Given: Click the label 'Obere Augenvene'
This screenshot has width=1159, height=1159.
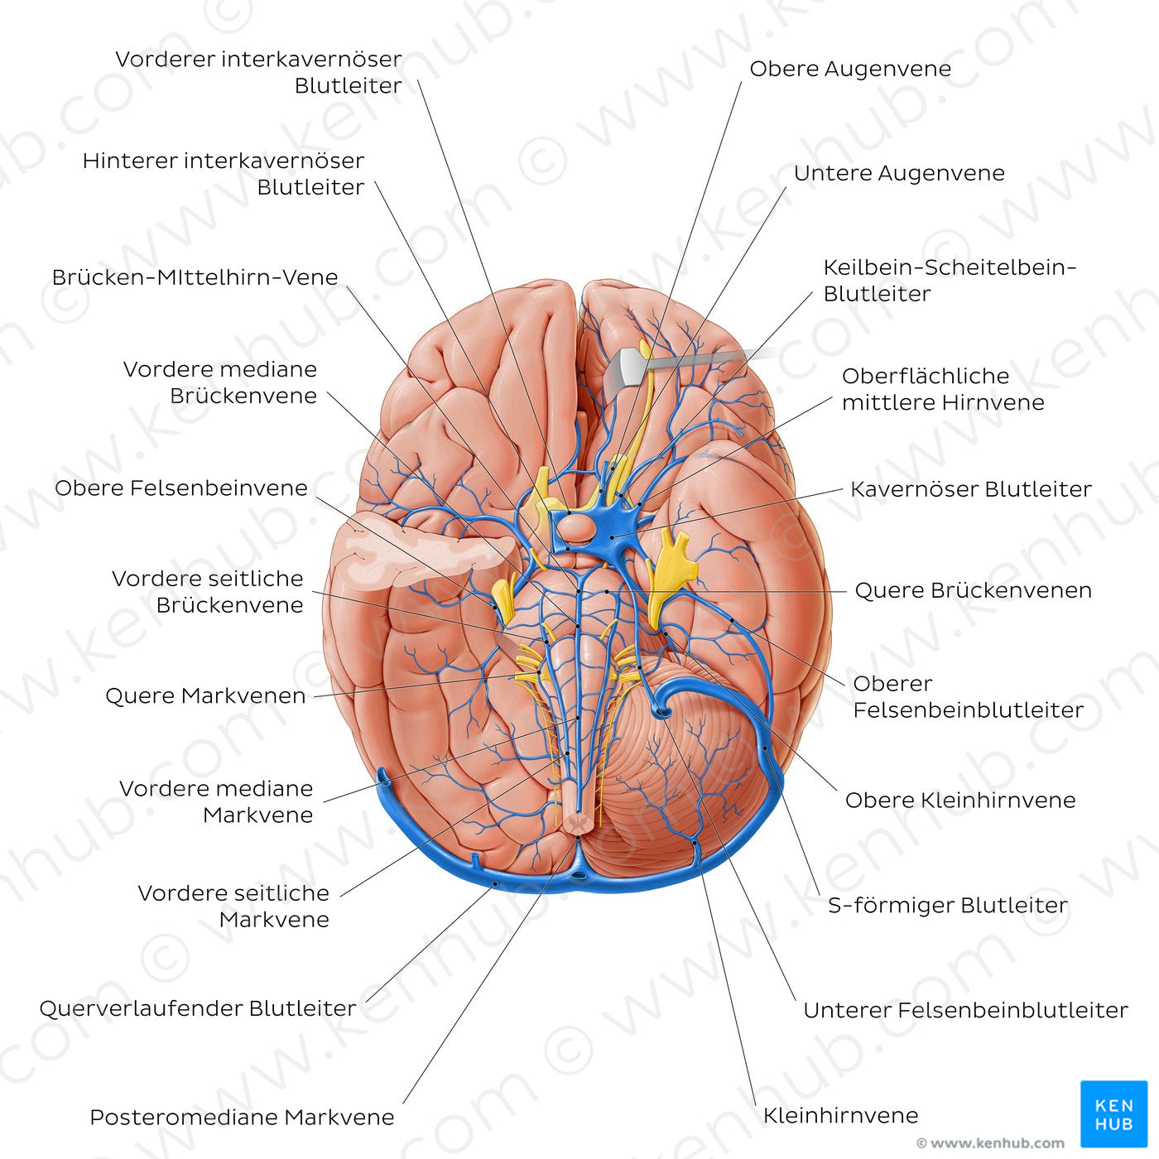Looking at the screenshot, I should pyautogui.click(x=850, y=69).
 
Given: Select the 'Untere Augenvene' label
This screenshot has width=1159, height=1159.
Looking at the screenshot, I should pyautogui.click(x=899, y=173).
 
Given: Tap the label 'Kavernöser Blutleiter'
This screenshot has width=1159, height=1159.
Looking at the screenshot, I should pyautogui.click(x=970, y=489).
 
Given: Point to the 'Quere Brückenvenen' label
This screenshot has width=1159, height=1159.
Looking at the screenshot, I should pyautogui.click(x=973, y=590).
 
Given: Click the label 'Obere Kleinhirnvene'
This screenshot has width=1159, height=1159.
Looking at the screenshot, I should pyautogui.click(x=959, y=801).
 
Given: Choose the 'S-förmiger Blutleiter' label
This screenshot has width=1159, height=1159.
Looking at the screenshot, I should pyautogui.click(x=947, y=906).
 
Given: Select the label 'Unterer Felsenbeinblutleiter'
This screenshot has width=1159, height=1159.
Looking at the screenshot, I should pyautogui.click(x=965, y=1010).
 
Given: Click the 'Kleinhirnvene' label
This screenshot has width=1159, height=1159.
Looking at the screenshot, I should pyautogui.click(x=840, y=1115).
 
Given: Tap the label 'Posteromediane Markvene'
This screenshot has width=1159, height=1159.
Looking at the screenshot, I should pyautogui.click(x=242, y=1118).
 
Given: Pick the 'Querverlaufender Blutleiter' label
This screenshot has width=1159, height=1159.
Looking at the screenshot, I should pyautogui.click(x=198, y=1008).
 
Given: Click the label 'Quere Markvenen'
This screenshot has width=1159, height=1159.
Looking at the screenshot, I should pyautogui.click(x=205, y=696).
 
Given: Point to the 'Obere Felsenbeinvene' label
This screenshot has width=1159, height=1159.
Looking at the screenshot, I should pyautogui.click(x=181, y=488).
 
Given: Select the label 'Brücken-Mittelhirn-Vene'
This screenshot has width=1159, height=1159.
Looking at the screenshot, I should pyautogui.click(x=195, y=277).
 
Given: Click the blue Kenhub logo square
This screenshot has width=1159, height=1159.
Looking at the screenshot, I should pyautogui.click(x=1113, y=1113).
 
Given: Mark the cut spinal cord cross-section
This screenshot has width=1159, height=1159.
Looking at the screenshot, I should pyautogui.click(x=578, y=822).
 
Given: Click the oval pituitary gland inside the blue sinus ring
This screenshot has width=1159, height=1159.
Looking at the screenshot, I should pyautogui.click(x=573, y=526).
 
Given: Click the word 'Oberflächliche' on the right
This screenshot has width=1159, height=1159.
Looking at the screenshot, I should pyautogui.click(x=925, y=377).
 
